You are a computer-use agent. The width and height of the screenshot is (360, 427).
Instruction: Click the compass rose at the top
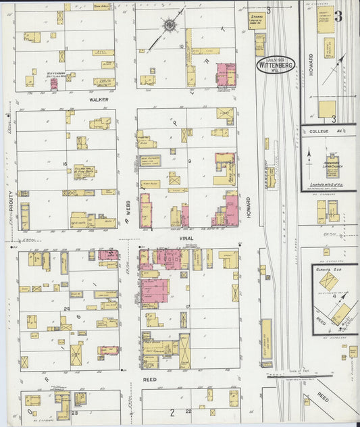tap(168, 26)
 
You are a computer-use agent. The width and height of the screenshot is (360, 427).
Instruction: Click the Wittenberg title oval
tap(276, 66)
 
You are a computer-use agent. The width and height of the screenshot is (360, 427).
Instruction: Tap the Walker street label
tap(98, 99)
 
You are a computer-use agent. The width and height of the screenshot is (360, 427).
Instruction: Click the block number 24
tap(67, 308)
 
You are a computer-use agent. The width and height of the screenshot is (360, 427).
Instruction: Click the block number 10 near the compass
tap(182, 46)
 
